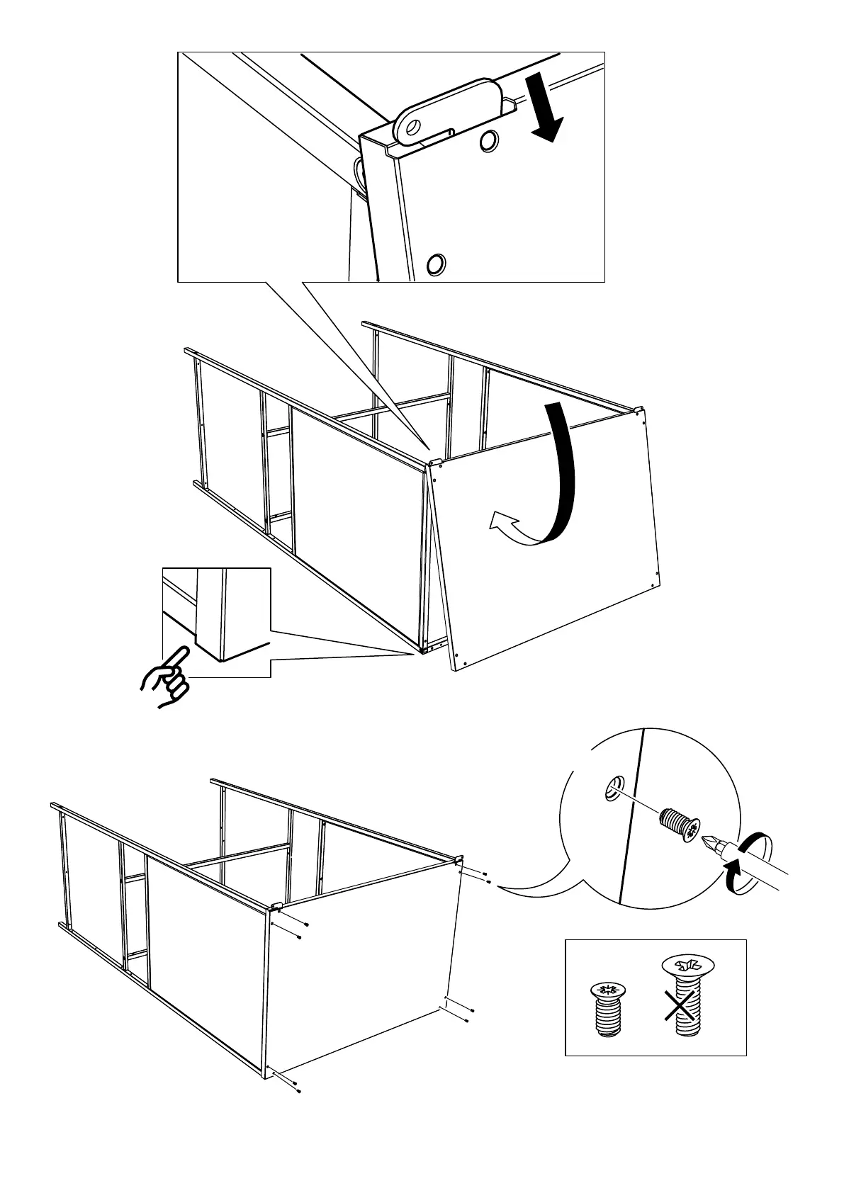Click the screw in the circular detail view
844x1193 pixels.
coord(679,825)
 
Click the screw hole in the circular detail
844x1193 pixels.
coord(613,788)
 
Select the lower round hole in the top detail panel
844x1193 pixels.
coord(436,264)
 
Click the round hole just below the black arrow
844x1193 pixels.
coord(488,142)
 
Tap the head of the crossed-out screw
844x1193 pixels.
coord(687,965)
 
